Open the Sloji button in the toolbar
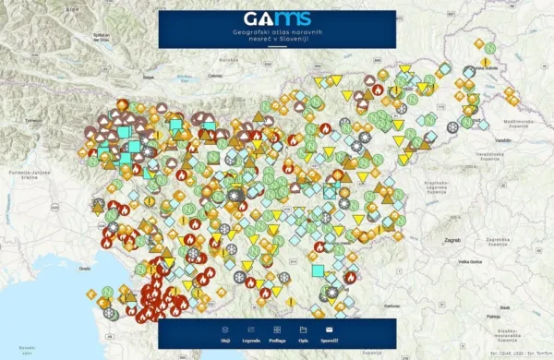(x=225, y=333)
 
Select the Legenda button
(x=251, y=333)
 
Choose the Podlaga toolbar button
(x=277, y=333)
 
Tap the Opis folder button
(x=303, y=333)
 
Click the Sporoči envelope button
(x=329, y=333)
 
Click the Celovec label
(x=217, y=74)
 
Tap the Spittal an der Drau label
(x=101, y=37)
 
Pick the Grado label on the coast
(x=84, y=268)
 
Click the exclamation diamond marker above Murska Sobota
(x=485, y=60)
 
